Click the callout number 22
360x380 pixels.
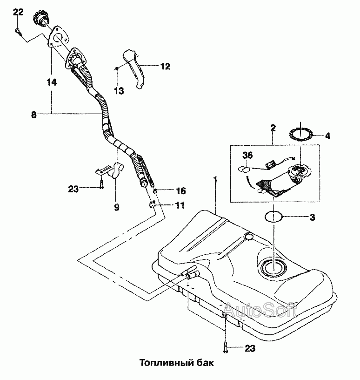point(18,12)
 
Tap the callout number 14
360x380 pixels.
point(52,82)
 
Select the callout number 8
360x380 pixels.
point(33,115)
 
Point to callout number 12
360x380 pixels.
point(166,66)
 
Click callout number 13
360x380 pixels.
point(119,91)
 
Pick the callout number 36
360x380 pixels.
point(247,155)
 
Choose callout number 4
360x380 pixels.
point(327,136)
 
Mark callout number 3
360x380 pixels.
point(313,217)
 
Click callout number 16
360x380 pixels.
point(180,191)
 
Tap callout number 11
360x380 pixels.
point(180,205)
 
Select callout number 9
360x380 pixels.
point(117,207)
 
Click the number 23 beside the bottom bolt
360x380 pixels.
point(250,348)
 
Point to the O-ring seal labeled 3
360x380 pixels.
point(273,216)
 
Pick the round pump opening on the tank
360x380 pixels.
point(274,268)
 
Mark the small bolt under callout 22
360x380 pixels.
point(18,31)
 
